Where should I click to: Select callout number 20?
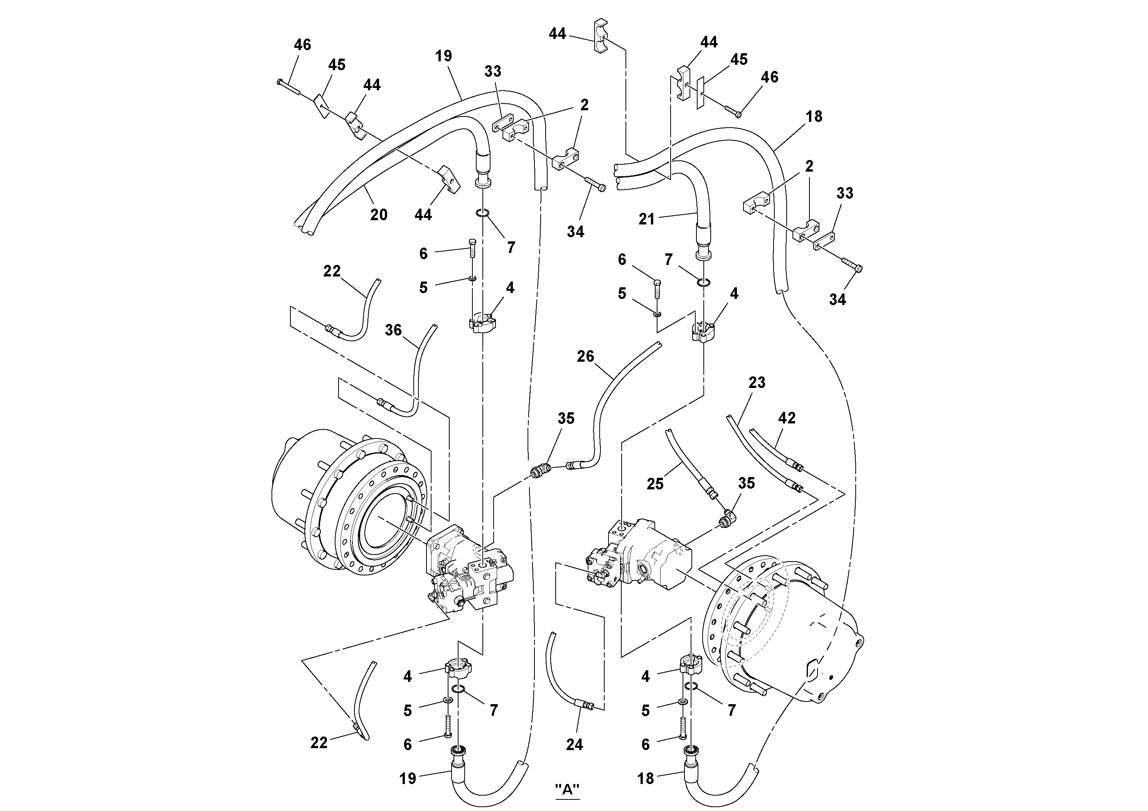pyautogui.click(x=379, y=215)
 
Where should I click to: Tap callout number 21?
pyautogui.click(x=647, y=219)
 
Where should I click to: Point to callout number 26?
pyautogui.click(x=585, y=356)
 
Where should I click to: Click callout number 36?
pyautogui.click(x=393, y=330)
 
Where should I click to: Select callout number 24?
pyautogui.click(x=575, y=745)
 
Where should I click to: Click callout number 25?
pyautogui.click(x=655, y=484)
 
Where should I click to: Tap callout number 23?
pyautogui.click(x=757, y=383)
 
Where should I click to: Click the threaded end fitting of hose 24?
pyautogui.click(x=587, y=705)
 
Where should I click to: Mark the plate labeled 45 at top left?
pyautogui.click(x=320, y=106)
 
